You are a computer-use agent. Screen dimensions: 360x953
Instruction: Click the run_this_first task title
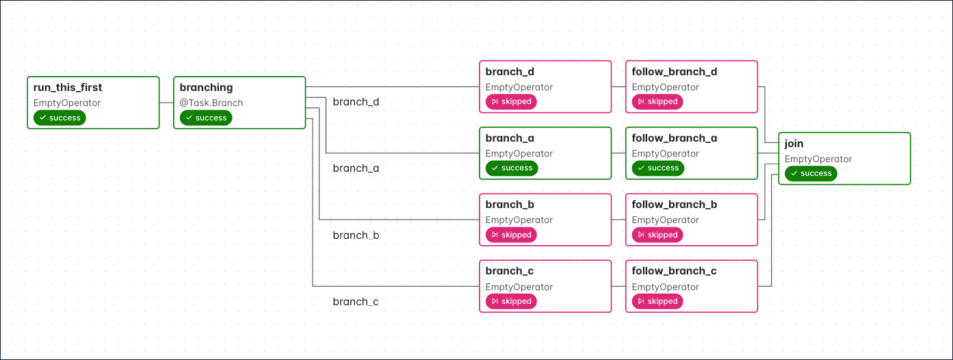pos(68,88)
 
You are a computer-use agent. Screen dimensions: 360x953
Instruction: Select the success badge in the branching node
pos(206,118)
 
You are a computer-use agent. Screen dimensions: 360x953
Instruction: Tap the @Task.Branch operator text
pos(211,103)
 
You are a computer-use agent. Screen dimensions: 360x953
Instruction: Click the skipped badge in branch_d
pos(511,102)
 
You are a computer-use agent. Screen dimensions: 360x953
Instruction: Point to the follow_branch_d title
pos(674,72)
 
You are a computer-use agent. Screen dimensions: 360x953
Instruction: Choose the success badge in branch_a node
pos(511,168)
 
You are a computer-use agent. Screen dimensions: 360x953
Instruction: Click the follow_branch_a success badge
pos(657,168)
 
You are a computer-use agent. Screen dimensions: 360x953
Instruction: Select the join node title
pos(794,144)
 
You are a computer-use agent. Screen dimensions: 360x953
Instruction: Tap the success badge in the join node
pos(811,174)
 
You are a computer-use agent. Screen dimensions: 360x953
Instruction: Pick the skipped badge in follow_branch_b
pos(657,235)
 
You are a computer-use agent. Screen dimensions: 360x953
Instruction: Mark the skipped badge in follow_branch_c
pos(657,301)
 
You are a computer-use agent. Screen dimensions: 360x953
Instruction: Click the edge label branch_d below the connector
pos(356,102)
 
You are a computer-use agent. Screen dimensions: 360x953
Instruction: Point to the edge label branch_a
pos(356,168)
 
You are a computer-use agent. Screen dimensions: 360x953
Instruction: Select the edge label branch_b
pos(356,235)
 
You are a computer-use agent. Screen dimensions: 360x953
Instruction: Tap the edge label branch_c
pos(356,302)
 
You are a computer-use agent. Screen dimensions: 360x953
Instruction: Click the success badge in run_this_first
pos(60,118)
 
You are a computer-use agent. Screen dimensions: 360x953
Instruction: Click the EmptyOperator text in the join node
pos(818,159)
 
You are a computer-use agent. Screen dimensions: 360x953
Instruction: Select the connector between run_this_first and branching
pos(166,102)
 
